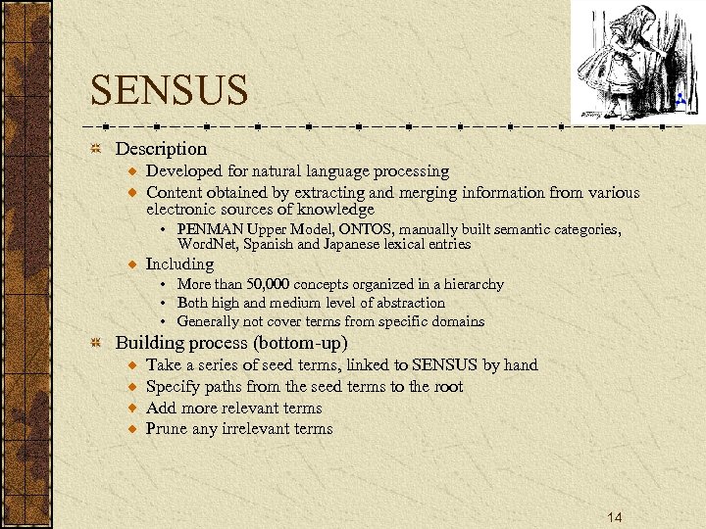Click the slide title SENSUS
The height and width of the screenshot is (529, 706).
(169, 91)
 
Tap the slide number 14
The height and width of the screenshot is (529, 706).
(615, 516)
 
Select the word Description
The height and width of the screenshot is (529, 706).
(161, 149)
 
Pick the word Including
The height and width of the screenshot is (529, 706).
(179, 264)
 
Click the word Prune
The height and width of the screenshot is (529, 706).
(168, 429)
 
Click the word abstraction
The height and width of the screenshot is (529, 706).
(404, 303)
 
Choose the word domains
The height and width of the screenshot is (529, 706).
(458, 321)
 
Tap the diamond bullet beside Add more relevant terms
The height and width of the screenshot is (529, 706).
(132, 409)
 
